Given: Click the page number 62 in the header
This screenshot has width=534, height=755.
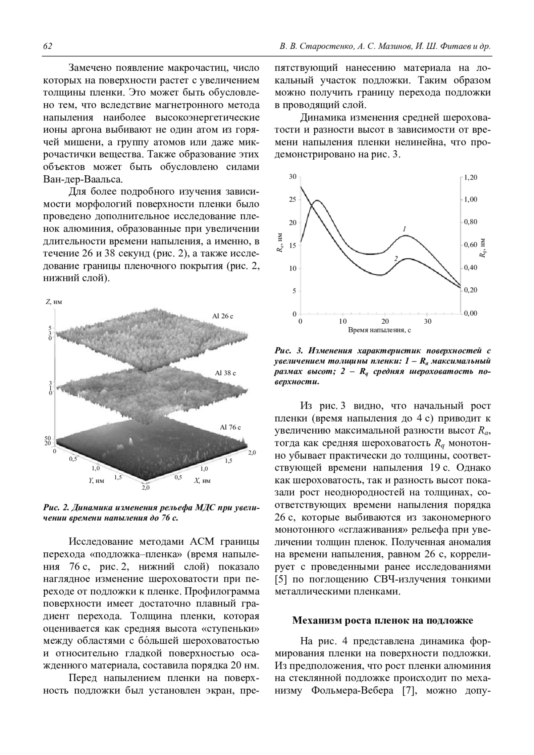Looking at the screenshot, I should click(x=48, y=47).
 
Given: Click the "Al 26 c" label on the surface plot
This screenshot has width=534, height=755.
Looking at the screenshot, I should click(x=222, y=316).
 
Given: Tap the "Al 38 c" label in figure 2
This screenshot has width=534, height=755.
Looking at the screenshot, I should click(x=225, y=373).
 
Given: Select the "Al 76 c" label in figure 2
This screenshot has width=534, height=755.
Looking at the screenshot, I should click(x=231, y=427).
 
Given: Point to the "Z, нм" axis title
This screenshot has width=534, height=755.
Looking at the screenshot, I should click(x=54, y=302).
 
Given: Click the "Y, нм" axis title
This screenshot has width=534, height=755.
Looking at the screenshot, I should click(x=96, y=481).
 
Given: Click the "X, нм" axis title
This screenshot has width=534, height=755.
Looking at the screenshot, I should click(x=202, y=481).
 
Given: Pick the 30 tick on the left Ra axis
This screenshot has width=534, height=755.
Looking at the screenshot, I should click(x=292, y=177).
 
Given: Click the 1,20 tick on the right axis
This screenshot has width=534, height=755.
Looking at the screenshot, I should click(x=470, y=177).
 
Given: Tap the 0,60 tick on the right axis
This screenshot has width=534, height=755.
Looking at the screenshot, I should click(x=470, y=245).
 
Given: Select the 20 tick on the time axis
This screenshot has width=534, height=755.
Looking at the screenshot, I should click(x=385, y=321).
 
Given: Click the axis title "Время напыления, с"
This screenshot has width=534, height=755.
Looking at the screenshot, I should click(x=379, y=330).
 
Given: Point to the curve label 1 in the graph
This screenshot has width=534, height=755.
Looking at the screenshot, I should click(x=405, y=229).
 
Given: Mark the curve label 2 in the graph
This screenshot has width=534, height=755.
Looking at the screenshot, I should click(x=395, y=258).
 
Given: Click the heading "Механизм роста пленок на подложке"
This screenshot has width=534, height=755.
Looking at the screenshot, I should click(x=382, y=620).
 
